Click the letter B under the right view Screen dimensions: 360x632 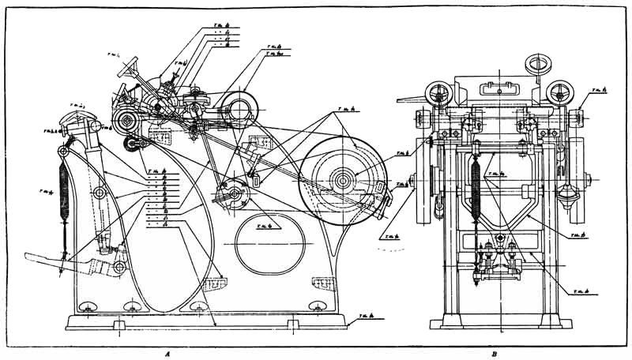click(494, 354)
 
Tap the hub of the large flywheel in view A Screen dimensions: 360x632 click(344, 181)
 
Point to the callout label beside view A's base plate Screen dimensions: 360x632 click(366, 317)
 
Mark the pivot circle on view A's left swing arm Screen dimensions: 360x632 click(100, 193)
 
